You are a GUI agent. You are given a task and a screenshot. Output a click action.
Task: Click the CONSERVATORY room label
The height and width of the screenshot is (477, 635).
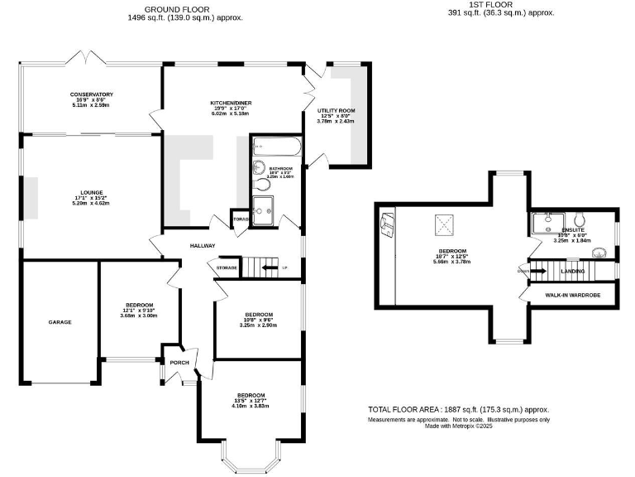92,94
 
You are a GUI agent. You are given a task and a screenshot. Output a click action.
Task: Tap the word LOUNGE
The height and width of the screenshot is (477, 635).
91,191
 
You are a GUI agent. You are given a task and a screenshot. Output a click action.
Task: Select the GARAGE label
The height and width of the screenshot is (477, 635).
60,322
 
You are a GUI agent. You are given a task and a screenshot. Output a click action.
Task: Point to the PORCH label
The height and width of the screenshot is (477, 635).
179,363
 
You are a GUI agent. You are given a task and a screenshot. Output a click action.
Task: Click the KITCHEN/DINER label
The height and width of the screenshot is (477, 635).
231,103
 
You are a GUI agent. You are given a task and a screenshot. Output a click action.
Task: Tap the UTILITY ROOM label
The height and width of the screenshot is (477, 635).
336,110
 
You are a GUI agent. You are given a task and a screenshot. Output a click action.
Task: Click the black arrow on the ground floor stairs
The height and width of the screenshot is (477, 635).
270,267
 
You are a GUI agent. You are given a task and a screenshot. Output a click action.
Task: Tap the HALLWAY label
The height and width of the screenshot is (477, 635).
203,245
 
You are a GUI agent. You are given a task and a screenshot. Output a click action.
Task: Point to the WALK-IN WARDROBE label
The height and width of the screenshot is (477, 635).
572,295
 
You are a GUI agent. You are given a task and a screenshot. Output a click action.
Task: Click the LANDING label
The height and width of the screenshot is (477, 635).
573,271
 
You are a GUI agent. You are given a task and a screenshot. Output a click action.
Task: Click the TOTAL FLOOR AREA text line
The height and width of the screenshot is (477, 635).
458,409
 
